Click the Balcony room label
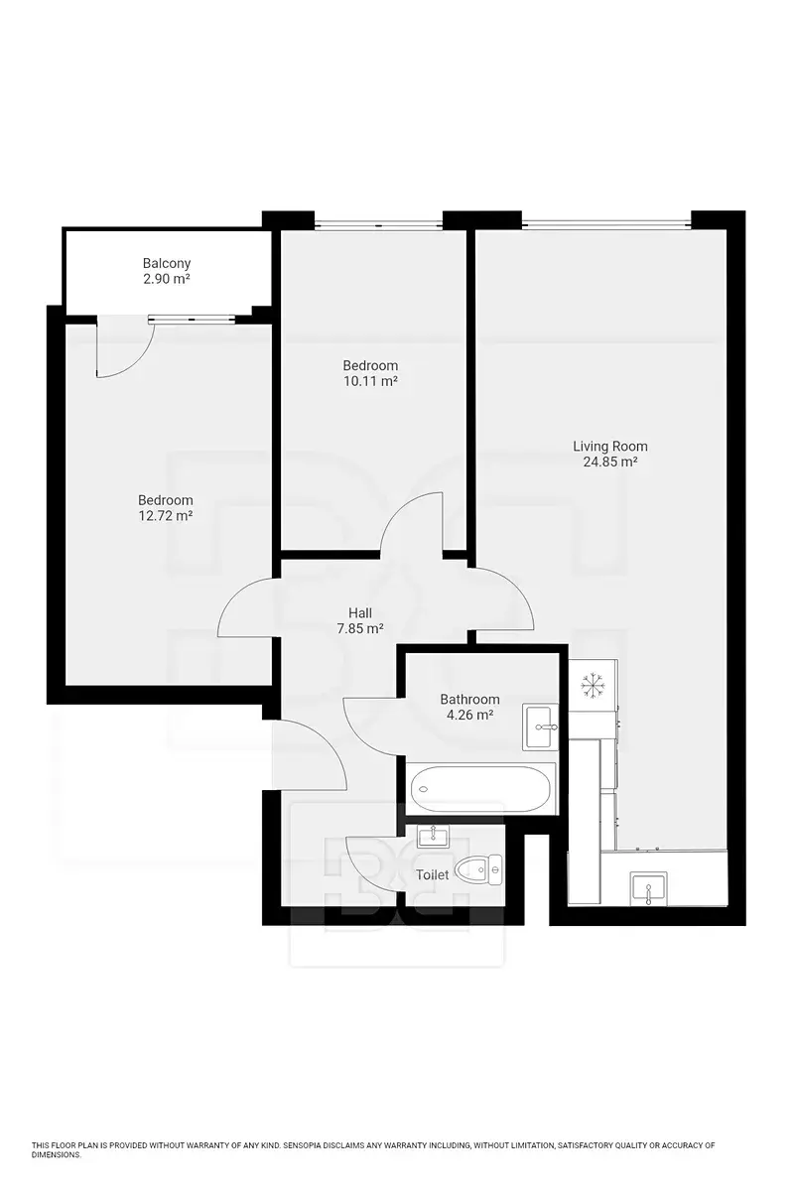pyautogui.click(x=167, y=263)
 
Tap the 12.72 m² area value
pyautogui.click(x=166, y=515)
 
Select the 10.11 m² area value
pyautogui.click(x=370, y=381)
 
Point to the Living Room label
pyautogui.click(x=610, y=446)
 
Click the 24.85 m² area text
pyautogui.click(x=610, y=462)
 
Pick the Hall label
pyautogui.click(x=360, y=613)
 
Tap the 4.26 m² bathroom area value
pyautogui.click(x=469, y=715)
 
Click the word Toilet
pyautogui.click(x=432, y=874)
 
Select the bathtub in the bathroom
pyautogui.click(x=480, y=788)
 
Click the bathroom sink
pyautogui.click(x=540, y=727)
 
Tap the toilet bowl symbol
pyautogui.click(x=477, y=869)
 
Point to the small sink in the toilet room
pyautogui.click(x=434, y=837)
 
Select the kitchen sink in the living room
pyautogui.click(x=649, y=888)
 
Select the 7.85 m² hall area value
pyautogui.click(x=360, y=628)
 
